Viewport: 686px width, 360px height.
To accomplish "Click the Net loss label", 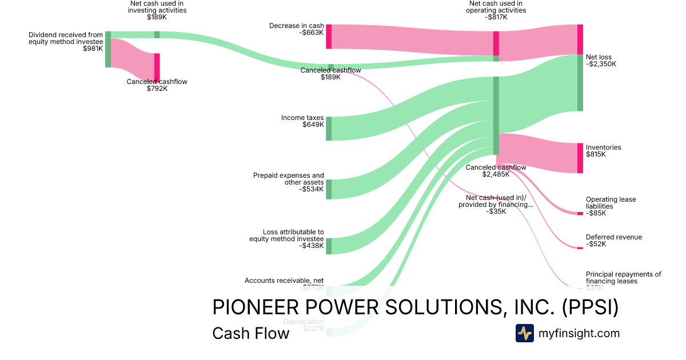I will [599, 61].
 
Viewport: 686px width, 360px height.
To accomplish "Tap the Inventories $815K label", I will [603, 151].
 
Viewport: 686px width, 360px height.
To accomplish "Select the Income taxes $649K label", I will [302, 121].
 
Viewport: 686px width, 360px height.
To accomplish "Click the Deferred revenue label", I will [613, 241].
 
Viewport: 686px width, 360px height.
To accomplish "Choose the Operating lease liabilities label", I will [611, 206].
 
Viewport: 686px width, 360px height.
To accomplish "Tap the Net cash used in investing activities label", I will [157, 10].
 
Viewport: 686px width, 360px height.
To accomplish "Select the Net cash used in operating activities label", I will [496, 10].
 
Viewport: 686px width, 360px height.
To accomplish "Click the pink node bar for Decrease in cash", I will [329, 37].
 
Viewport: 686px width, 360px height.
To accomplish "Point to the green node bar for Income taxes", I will [329, 129].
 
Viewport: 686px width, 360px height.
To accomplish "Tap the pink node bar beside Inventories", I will [580, 158].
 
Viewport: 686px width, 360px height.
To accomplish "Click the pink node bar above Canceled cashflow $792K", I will [157, 67].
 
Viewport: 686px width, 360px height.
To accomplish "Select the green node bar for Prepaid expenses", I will [329, 189].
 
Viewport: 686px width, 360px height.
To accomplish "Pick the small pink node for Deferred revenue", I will [580, 248].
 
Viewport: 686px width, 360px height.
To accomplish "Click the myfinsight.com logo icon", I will [524, 333].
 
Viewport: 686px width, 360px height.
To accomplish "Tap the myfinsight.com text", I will [579, 333].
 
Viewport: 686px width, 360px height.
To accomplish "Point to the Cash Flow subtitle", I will [250, 333].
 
